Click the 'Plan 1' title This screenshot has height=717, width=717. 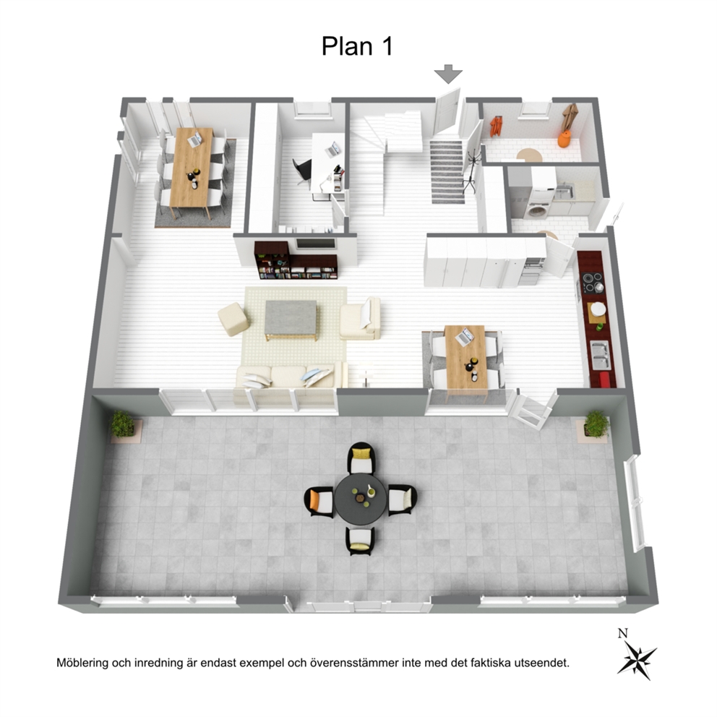[357, 46]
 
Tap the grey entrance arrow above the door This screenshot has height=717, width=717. [448, 74]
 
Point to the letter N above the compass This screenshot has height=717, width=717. [623, 633]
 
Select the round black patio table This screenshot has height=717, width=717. [361, 499]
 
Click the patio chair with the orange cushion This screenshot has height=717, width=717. [319, 502]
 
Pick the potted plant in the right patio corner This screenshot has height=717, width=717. [597, 424]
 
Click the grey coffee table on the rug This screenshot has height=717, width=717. [291, 319]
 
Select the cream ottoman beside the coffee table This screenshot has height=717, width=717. [233, 319]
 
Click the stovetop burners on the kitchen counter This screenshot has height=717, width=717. [592, 282]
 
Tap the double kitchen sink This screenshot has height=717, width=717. [600, 354]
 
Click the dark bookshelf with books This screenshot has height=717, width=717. [296, 260]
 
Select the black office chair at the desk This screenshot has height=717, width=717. [302, 170]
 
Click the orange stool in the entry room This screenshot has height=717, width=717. [564, 139]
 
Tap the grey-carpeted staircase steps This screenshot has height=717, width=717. [447, 172]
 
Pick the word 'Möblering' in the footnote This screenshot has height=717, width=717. [82, 663]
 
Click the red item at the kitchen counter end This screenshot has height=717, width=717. [604, 379]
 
